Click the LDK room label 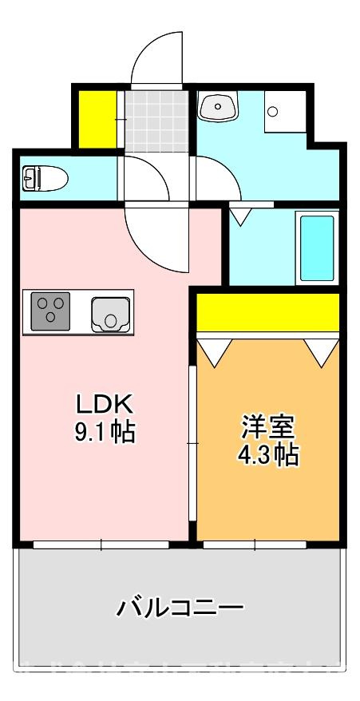104,402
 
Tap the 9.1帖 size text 104,432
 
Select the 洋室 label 268,426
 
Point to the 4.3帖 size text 268,455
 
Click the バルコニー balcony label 180,610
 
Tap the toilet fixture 44,177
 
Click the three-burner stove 50,310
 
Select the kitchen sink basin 110,311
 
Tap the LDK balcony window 101,545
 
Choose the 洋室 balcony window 255,545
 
